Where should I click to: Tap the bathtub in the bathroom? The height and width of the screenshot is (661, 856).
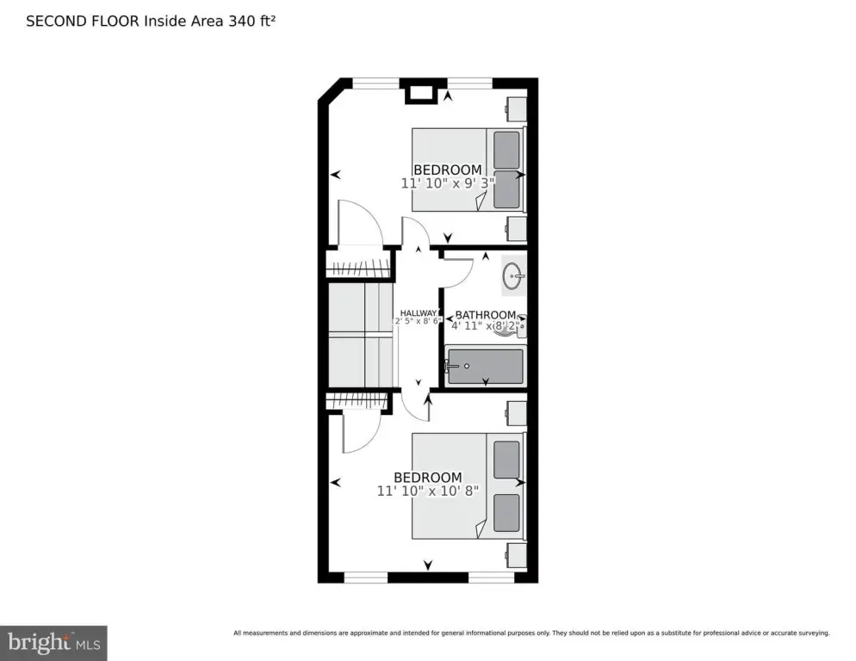pyautogui.click(x=484, y=367)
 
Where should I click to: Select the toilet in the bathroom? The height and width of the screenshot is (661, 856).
pyautogui.click(x=514, y=325)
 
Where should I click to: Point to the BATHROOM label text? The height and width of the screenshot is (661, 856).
pyautogui.click(x=485, y=315)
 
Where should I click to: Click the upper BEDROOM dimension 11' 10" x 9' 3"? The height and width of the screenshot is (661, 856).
pyautogui.click(x=442, y=182)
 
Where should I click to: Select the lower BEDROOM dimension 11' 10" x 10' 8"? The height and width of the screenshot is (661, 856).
pyautogui.click(x=427, y=491)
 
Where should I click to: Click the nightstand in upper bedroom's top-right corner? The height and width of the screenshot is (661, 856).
pyautogui.click(x=515, y=109)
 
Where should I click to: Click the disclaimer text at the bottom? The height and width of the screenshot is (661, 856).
pyautogui.click(x=531, y=633)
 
